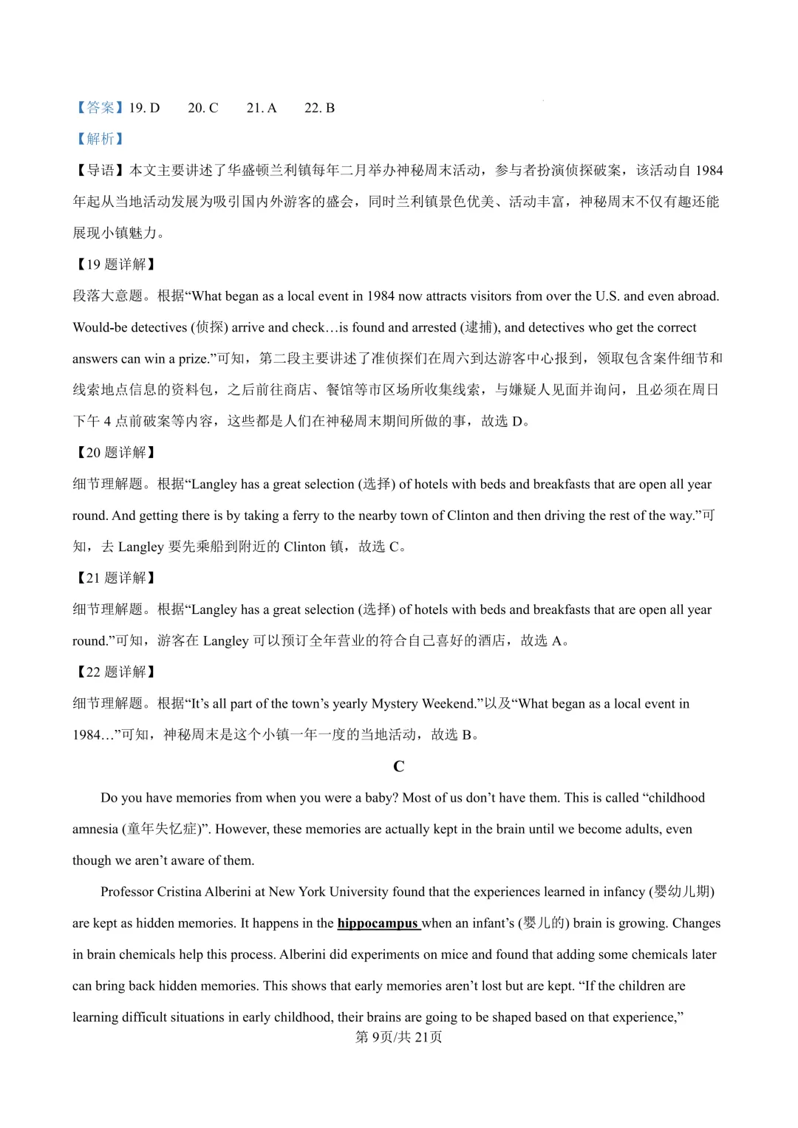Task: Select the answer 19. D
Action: pyautogui.click(x=144, y=108)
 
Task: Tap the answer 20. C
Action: pyautogui.click(x=203, y=108)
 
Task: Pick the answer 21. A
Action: pyautogui.click(x=262, y=108)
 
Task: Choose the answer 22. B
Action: pyautogui.click(x=320, y=108)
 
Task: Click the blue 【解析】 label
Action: pyautogui.click(x=99, y=139)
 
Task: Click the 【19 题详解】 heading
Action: pyautogui.click(x=115, y=264)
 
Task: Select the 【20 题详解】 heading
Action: pyautogui.click(x=115, y=453)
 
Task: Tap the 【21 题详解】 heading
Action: pyautogui.click(x=115, y=578)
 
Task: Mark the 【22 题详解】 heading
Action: pyautogui.click(x=115, y=672)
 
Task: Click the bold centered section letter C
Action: pyautogui.click(x=399, y=767)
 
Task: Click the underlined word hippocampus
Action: pyautogui.click(x=378, y=923)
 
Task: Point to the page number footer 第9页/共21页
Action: pyautogui.click(x=399, y=1037)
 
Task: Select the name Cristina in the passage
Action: pyautogui.click(x=180, y=892)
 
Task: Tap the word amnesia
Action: pyautogui.click(x=95, y=830)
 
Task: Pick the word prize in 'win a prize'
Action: pyautogui.click(x=194, y=359)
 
